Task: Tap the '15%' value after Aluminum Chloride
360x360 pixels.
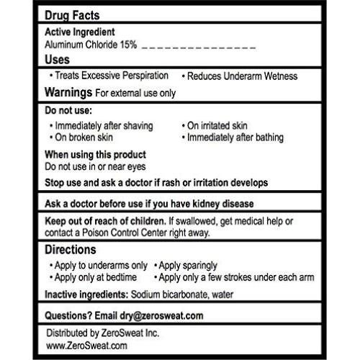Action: pos(129,45)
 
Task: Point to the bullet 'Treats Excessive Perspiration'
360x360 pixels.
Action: pos(112,75)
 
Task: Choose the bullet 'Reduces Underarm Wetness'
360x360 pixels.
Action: pos(242,76)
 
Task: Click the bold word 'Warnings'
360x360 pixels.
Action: pos(68,93)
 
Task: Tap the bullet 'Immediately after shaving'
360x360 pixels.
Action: pos(104,125)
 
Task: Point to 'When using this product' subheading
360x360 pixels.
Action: pos(95,155)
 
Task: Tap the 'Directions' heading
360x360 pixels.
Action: pos(71,250)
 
